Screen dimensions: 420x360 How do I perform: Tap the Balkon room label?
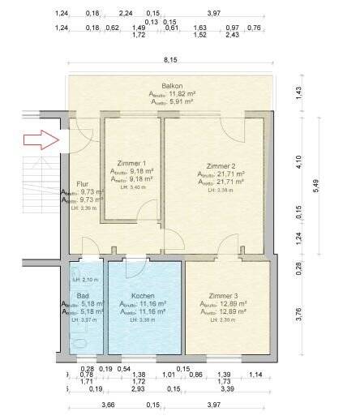tap(171, 85)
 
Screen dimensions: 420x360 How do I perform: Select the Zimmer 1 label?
tap(131, 162)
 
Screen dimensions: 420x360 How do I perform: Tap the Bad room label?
tap(83, 296)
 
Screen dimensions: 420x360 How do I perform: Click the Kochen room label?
tap(143, 296)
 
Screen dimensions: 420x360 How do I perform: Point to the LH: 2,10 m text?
tap(84, 279)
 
